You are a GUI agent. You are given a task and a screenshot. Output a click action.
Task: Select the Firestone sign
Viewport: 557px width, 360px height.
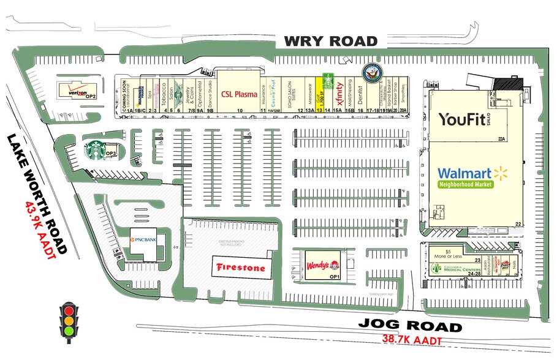[x=240, y=268]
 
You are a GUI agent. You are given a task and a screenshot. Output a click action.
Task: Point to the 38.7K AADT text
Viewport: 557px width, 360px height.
[x=412, y=339]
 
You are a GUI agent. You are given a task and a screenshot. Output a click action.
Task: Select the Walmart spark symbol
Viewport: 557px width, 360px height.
[x=502, y=173]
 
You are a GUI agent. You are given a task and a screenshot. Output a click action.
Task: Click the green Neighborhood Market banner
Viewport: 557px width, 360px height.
[x=466, y=185]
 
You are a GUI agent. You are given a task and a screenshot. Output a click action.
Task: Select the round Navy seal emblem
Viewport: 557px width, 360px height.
[x=371, y=73]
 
